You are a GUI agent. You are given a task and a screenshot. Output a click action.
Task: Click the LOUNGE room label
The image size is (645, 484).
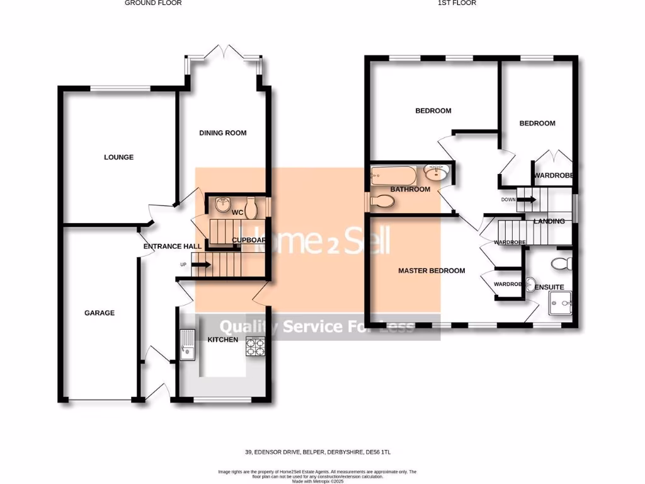pyautogui.click(x=119, y=157)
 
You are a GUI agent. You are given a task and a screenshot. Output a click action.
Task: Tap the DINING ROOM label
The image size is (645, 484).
pyautogui.click(x=223, y=133)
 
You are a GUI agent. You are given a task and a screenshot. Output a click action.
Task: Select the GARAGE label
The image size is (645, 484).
pyautogui.click(x=100, y=313)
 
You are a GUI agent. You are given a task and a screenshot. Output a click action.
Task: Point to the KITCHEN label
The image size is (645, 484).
pyautogui.click(x=224, y=340)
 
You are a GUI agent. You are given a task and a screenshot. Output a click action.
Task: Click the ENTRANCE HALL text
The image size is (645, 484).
pyautogui.click(x=173, y=246)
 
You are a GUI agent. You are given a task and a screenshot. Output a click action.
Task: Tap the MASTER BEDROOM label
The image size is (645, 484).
pyautogui.click(x=431, y=270)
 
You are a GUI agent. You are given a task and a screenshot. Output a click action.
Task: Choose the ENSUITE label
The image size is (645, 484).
pyautogui.click(x=549, y=287)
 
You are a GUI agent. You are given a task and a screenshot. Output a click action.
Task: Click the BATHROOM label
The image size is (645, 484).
pyautogui.click(x=410, y=189)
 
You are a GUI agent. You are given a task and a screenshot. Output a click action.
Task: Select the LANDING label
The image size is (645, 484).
pyautogui.click(x=549, y=221)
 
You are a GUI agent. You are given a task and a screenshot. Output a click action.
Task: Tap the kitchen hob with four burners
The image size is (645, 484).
pyautogui.click(x=255, y=347)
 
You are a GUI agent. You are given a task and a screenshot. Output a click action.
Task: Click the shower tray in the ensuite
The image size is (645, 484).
pyautogui.click(x=561, y=303)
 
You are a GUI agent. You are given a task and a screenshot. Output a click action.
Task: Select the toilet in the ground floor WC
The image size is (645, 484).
pyautogui.click(x=251, y=205)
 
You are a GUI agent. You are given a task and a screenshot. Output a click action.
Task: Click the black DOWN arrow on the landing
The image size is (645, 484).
pyautogui.click(x=527, y=200)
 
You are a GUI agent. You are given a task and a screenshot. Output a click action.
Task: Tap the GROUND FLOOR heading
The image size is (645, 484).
pyautogui.click(x=153, y=3)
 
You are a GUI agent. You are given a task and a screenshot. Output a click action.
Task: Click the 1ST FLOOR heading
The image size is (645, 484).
pyautogui.click(x=457, y=3)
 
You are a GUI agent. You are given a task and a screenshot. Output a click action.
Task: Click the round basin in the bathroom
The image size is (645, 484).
pyautogui.click(x=435, y=172)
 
